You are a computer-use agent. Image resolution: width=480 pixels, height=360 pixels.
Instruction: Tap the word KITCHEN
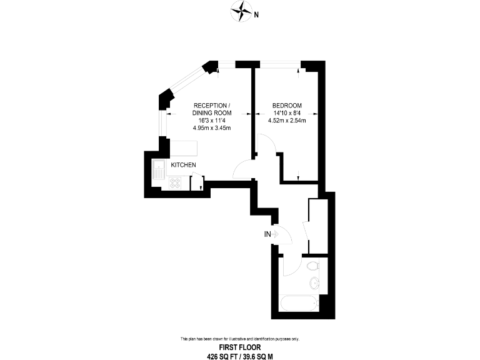(184, 165)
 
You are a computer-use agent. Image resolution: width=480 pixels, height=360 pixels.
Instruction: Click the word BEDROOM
(287, 105)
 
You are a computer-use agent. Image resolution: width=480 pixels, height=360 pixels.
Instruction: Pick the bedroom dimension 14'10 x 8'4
(287, 113)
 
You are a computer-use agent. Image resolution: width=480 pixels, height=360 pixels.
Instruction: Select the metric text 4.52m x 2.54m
(287, 121)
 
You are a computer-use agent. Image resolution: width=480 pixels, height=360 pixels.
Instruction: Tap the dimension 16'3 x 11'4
(212, 121)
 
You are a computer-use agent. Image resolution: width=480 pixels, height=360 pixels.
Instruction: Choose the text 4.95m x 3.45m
(212, 128)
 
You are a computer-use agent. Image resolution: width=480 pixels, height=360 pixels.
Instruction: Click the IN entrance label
(267, 234)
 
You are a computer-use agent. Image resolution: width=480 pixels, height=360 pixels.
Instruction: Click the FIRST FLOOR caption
(239, 347)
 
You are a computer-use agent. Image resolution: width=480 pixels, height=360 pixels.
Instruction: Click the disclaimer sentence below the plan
(239, 339)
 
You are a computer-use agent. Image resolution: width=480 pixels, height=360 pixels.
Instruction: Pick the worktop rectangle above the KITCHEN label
(184, 147)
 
